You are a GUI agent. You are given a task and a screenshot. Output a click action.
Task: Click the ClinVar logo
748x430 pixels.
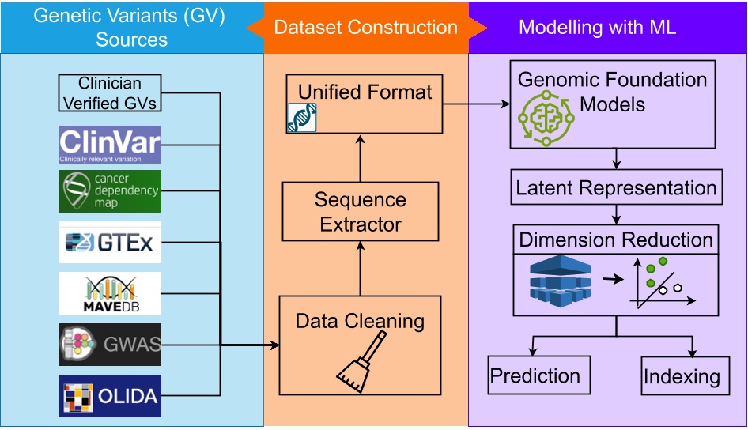click(110, 145)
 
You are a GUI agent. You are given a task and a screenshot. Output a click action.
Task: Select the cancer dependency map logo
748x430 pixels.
click(110, 191)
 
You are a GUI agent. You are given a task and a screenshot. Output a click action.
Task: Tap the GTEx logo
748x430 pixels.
click(110, 243)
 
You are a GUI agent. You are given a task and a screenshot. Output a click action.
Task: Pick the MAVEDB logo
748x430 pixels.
click(110, 293)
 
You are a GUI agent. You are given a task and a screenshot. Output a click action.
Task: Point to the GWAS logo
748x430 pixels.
click(110, 344)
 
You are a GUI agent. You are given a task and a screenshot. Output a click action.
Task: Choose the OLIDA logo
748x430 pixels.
click(110, 395)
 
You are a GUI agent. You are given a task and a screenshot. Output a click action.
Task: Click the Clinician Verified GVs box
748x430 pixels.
click(111, 92)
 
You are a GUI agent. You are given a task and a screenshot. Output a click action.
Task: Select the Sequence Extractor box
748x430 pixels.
click(360, 212)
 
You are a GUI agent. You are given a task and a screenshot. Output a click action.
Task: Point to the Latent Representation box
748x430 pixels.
click(616, 188)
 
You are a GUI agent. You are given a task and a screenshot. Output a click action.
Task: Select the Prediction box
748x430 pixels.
click(535, 376)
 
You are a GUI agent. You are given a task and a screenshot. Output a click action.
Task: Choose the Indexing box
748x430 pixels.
click(682, 376)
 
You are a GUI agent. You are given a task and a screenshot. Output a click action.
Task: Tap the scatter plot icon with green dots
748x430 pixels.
click(660, 282)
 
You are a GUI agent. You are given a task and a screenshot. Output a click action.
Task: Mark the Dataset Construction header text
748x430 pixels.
click(366, 28)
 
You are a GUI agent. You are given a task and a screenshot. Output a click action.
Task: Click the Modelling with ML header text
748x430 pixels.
click(597, 28)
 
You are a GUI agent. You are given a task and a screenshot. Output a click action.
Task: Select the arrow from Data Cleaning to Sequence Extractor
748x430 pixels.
click(360, 269)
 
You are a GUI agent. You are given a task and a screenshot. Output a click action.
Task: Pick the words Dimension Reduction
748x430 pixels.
click(616, 240)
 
